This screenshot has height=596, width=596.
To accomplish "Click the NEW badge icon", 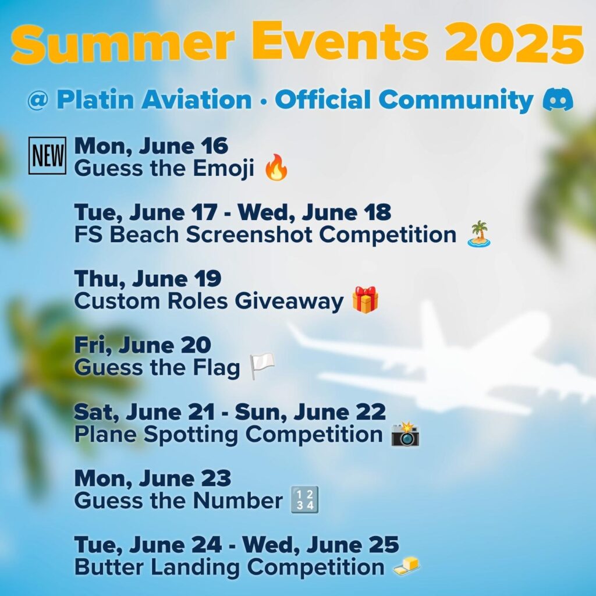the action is point(47,155).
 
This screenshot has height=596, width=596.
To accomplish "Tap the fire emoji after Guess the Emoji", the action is point(276,167).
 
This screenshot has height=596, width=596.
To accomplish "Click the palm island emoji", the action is point(479,234).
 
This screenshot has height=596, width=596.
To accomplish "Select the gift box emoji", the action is point(366,300).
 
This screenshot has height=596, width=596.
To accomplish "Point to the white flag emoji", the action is point(262,367).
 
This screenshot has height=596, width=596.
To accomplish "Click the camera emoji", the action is point(406,434).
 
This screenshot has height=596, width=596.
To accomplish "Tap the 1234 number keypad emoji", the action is point(304,500).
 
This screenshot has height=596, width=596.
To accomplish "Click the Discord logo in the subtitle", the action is point(558,100).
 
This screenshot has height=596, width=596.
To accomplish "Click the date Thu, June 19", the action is point(147,279).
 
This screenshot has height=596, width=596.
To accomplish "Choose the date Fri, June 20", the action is point(142,345).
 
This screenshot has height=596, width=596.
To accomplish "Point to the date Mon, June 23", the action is point(152,478).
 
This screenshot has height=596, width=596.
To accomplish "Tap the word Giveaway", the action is point(289,301).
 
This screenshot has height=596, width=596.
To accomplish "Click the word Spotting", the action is point(191,435).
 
